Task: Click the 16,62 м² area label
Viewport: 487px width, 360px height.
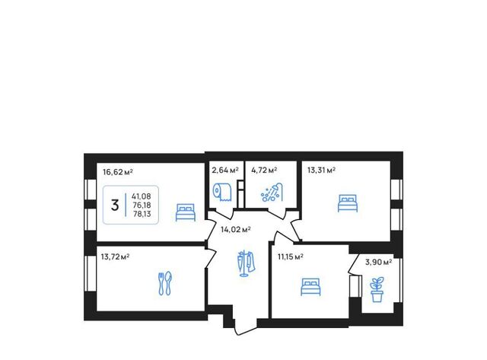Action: point(118,172)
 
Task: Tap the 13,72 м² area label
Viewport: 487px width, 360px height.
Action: point(115,257)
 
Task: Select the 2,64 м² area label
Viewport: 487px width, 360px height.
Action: point(225,170)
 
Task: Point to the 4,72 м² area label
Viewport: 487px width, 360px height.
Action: point(264,170)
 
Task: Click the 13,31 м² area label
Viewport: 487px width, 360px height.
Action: point(321,170)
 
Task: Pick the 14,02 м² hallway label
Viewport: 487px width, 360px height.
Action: point(236,230)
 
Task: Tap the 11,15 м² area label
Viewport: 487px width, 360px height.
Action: point(291,257)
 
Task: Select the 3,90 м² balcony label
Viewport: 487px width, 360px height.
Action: point(378,262)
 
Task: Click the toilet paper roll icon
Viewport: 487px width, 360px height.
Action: point(222,192)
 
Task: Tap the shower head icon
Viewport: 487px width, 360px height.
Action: point(272,193)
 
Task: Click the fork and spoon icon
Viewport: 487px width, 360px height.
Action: point(165,283)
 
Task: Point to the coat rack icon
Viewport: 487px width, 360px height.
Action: point(246,263)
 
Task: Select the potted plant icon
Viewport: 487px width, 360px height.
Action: point(377,289)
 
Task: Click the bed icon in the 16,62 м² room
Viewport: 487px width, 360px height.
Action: point(186,212)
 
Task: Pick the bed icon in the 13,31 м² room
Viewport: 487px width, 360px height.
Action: point(348,203)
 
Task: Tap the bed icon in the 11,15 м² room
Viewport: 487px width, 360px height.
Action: point(310,287)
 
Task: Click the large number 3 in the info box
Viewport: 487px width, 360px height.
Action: point(115,205)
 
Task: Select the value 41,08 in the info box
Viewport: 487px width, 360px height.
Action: point(142,196)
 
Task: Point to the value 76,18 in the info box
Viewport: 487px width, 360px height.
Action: point(142,205)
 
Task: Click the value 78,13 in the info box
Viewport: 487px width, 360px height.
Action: point(142,214)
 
